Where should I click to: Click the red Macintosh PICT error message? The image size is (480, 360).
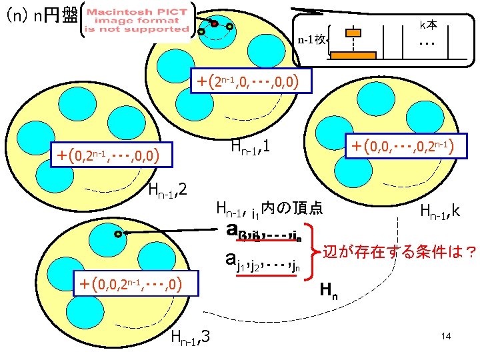click(137, 21)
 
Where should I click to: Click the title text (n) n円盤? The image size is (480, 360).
click(41, 15)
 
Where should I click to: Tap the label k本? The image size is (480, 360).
click(428, 24)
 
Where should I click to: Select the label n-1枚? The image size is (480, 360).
click(311, 40)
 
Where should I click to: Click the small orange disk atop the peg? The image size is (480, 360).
click(353, 33)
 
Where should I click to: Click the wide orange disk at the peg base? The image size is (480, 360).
click(353, 55)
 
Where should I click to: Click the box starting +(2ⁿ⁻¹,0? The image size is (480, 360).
click(251, 82)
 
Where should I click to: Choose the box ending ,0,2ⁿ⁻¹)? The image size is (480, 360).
click(404, 145)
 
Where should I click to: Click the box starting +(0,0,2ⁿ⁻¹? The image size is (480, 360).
click(129, 285)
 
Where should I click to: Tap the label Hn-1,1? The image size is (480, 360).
click(249, 145)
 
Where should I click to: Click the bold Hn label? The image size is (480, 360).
click(327, 289)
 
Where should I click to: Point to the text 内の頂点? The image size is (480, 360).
click(293, 208)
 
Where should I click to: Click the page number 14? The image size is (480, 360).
click(446, 336)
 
